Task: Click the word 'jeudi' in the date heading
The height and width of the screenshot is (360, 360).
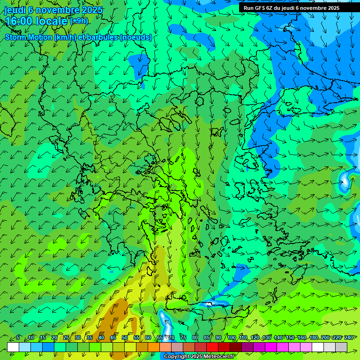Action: pyautogui.click(x=15, y=10)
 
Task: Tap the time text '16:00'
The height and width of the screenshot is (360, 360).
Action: pyautogui.click(x=19, y=21)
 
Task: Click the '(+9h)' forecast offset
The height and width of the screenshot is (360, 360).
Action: pyautogui.click(x=79, y=21)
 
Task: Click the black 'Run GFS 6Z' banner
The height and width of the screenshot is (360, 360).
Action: pyautogui.click(x=291, y=8)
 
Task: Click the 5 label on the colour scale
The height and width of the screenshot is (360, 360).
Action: pyautogui.click(x=18, y=338)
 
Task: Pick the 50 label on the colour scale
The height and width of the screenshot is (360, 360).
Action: pyautogui.click(x=125, y=338)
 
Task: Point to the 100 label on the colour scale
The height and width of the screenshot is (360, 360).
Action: pyautogui.click(x=231, y=338)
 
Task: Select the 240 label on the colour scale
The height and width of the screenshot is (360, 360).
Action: pyautogui.click(x=349, y=338)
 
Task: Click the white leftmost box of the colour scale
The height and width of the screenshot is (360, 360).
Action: pyautogui.click(x=13, y=347)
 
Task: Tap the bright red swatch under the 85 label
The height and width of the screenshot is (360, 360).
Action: pyautogui.click(x=212, y=347)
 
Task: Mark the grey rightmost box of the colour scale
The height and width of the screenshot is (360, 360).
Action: pyautogui.click(x=341, y=347)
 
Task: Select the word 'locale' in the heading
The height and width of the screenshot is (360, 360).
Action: pyautogui.click(x=52, y=21)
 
